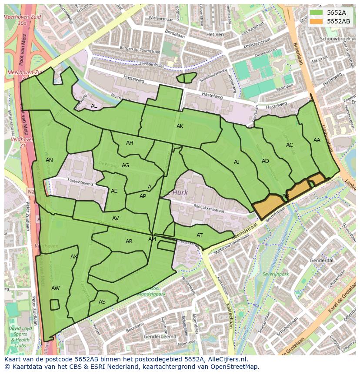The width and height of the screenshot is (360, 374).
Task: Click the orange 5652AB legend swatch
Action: [317, 21]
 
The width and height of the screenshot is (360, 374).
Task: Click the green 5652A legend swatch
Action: [317, 13]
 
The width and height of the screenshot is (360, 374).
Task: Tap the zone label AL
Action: [94, 106]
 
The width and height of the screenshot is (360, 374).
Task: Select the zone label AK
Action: [180, 126]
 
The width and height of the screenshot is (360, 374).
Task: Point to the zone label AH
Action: [130, 143]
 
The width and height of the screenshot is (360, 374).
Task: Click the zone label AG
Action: [126, 165]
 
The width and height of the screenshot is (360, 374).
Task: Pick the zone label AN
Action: [50, 160]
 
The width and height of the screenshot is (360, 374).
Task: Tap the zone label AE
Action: [114, 191]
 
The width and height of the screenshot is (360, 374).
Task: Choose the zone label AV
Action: [116, 218]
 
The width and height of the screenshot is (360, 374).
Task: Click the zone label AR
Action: [129, 242]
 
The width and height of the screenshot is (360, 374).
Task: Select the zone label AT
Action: [200, 235]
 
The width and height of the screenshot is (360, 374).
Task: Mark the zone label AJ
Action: [237, 162]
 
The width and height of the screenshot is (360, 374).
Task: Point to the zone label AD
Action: [265, 161]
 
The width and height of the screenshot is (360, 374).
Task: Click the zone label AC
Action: [290, 145]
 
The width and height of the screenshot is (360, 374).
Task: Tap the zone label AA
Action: [317, 140]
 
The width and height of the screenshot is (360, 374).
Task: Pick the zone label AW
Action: [56, 288]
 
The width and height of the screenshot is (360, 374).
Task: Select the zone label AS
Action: [102, 302]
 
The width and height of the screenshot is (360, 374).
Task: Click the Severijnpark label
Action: [276, 275]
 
